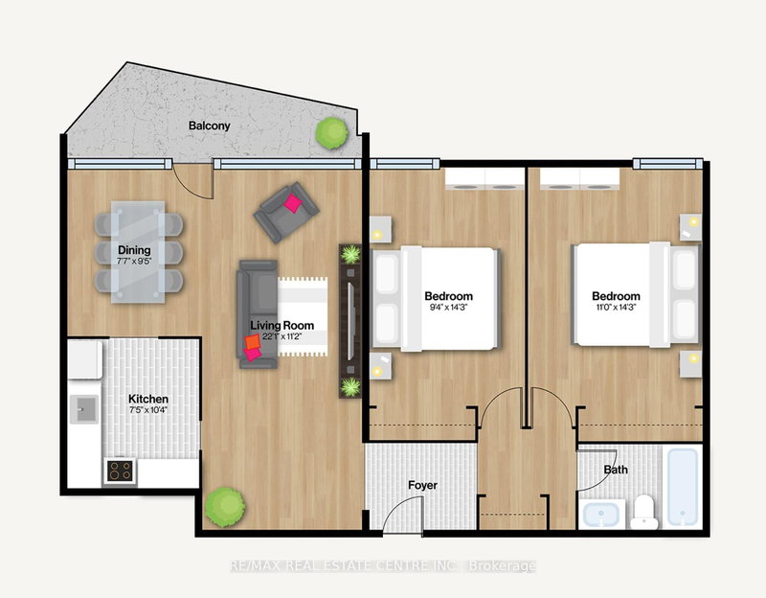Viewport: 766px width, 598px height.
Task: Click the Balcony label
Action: click(209, 126)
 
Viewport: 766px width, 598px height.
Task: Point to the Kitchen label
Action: click(148, 399)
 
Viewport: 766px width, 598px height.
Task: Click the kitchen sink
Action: click(83, 411)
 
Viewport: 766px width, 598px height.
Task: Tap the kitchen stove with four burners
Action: click(120, 470)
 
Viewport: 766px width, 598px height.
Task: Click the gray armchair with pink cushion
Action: click(284, 210)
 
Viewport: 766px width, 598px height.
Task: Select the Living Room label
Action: click(277, 326)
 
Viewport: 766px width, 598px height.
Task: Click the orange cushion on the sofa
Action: click(251, 341)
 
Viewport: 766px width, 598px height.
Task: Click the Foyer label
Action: click(421, 485)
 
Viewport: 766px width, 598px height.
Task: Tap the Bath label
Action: click(615, 470)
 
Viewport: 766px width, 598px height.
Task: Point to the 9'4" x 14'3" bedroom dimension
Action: click(449, 310)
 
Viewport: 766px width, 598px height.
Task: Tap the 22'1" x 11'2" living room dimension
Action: click(277, 337)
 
